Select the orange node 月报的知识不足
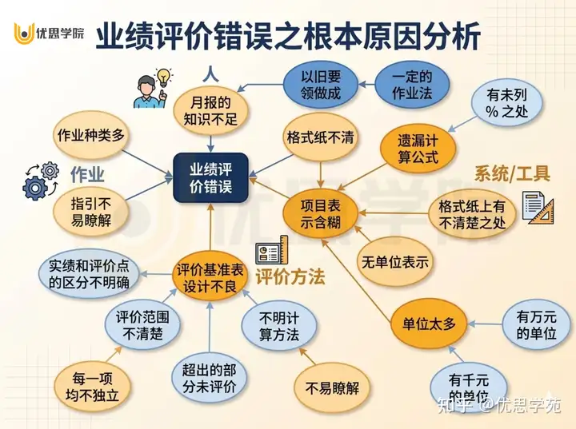pos(210,112)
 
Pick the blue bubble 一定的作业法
pos(412,85)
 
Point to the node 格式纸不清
pos(321,137)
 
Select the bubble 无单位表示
pos(394,262)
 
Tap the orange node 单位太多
pos(428,324)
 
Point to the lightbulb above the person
pos(164,77)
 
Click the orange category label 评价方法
pos(290,277)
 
